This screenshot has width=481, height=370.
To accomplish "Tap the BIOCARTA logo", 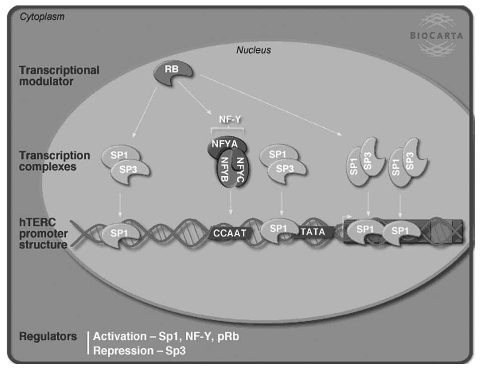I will (x=436, y=35).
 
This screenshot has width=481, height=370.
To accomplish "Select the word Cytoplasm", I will (x=42, y=17).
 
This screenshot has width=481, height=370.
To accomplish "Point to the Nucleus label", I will (x=254, y=50).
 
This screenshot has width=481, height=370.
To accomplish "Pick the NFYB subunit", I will (x=224, y=172).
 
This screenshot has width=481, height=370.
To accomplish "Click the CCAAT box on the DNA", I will (x=230, y=231).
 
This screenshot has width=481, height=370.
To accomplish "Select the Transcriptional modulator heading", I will (x=59, y=75).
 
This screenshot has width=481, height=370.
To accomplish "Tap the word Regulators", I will (x=48, y=336).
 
